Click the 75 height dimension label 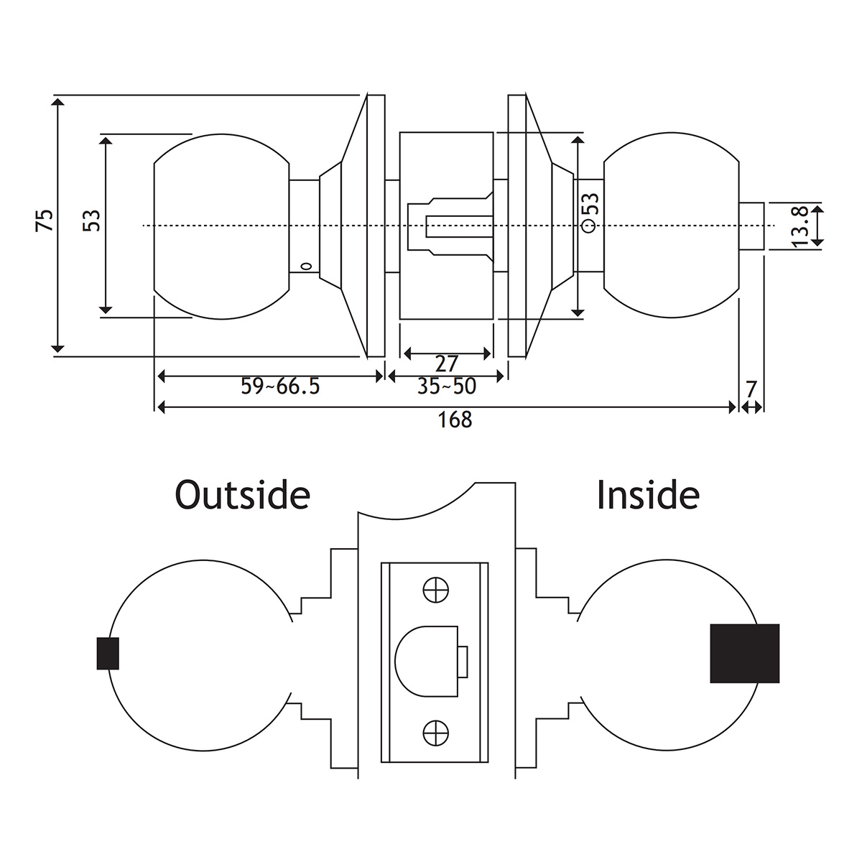[x=45, y=220]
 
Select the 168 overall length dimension [x=455, y=420]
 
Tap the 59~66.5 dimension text [x=280, y=386]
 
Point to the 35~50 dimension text [x=447, y=386]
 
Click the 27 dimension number [x=447, y=363]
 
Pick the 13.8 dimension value [x=800, y=227]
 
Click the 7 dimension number [x=751, y=390]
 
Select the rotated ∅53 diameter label [x=590, y=213]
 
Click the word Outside [x=242, y=495]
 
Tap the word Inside [x=648, y=495]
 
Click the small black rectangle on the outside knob [x=108, y=654]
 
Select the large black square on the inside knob [x=745, y=653]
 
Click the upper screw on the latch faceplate [x=435, y=590]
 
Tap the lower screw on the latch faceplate [x=435, y=733]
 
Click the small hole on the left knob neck [x=305, y=267]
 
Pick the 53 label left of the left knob [x=92, y=220]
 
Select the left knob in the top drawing [x=221, y=226]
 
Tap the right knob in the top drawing [x=672, y=226]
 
